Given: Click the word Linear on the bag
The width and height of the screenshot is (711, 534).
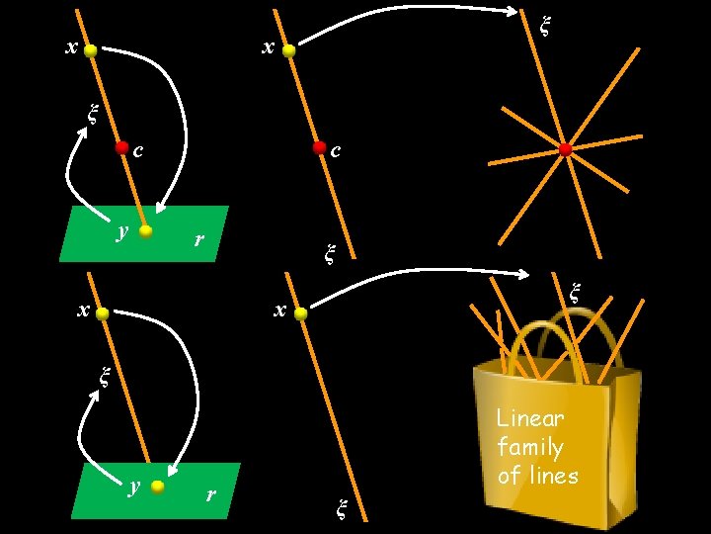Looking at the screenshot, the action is coord(530,418).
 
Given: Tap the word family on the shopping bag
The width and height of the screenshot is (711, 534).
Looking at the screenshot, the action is coord(530,447).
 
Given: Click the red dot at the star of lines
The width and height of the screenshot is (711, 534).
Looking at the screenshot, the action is coord(565,149).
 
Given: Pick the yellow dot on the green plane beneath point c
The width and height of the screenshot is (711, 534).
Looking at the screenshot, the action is coord(146,231).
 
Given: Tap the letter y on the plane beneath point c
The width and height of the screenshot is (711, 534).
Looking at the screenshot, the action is coord(121,230).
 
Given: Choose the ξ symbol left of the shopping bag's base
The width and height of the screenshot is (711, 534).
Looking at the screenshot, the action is coord(342,509).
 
